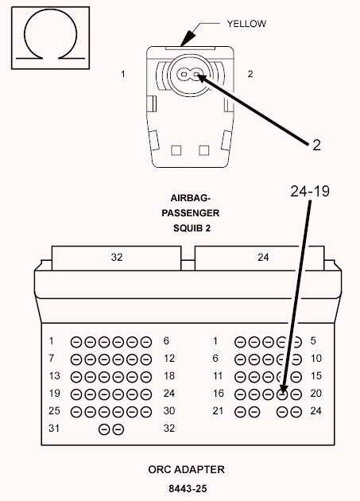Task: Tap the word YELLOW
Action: tap(246, 24)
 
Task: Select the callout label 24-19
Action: tap(310, 191)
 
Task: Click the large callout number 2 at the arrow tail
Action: tap(316, 145)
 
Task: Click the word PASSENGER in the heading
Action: tap(191, 213)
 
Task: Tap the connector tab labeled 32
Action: tap(117, 258)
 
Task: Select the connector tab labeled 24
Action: tap(259, 258)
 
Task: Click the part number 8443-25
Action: tap(188, 488)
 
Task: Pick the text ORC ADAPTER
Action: tap(186, 469)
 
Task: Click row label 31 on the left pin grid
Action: tap(54, 428)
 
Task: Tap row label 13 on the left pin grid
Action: tap(54, 375)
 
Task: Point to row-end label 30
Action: tap(169, 410)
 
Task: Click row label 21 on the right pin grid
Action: tap(218, 410)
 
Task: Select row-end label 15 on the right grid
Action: tap(316, 375)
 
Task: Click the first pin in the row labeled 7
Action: tap(76, 359)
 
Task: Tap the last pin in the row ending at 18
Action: tap(146, 377)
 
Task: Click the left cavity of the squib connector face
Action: tap(184, 75)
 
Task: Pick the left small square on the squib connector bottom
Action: tap(176, 150)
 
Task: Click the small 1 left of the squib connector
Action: tap(123, 74)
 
